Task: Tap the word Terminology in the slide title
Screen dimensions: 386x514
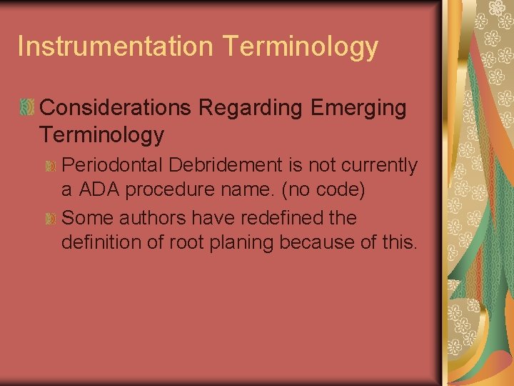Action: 300,47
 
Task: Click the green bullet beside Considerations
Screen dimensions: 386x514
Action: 26,108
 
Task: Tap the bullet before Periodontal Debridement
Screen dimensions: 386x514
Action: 50,166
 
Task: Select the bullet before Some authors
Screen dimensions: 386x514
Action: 50,218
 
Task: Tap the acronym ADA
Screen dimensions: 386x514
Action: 101,192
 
